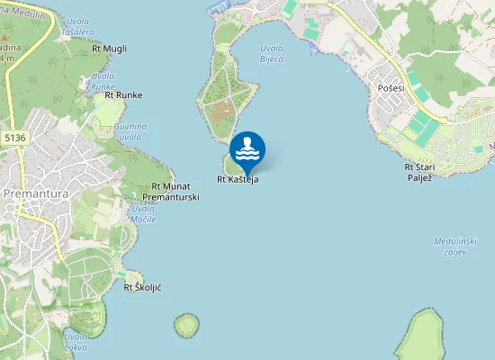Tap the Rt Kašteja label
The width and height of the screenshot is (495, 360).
[238, 180]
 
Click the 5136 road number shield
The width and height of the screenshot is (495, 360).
[13, 138]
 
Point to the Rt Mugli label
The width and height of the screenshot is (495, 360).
[110, 48]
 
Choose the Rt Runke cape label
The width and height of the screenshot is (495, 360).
[123, 94]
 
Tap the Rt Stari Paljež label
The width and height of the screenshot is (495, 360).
[420, 171]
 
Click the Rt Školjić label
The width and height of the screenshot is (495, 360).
[142, 287]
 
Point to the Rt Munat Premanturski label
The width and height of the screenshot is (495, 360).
[169, 191]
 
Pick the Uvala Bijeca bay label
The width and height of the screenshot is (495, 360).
[271, 53]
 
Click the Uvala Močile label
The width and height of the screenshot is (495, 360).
[143, 214]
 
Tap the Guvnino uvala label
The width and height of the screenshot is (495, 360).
[130, 131]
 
